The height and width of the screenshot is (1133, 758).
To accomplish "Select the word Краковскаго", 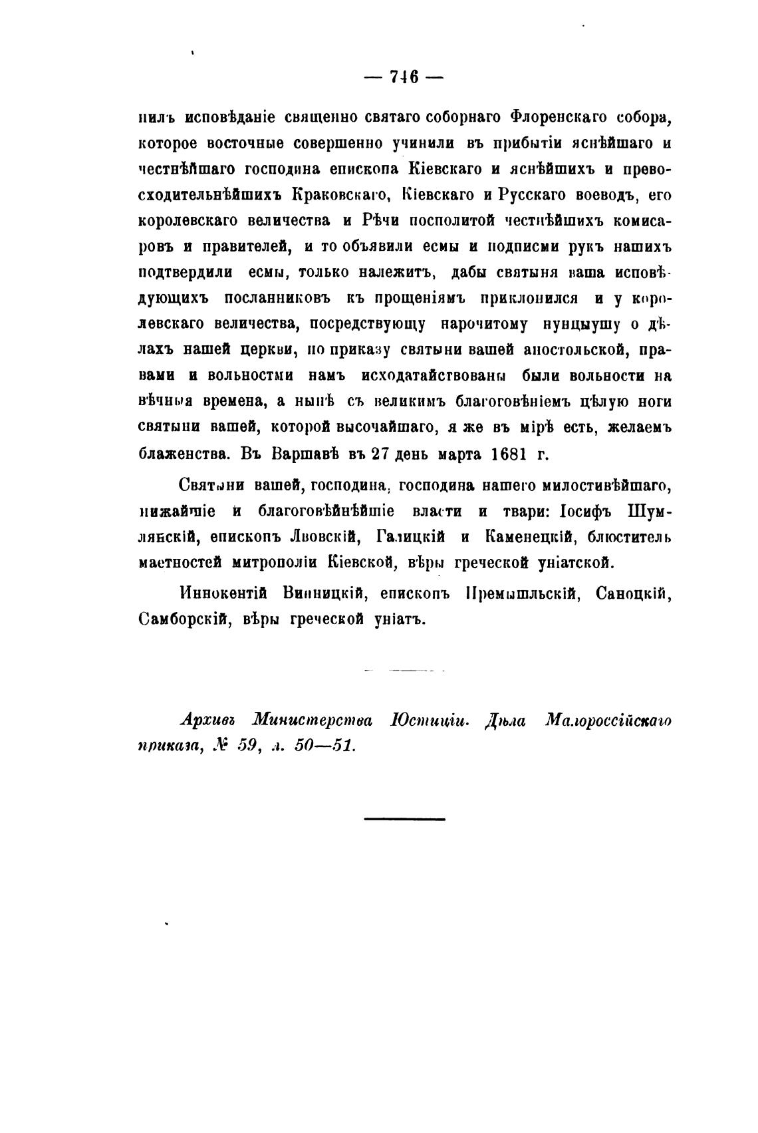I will tap(340, 195).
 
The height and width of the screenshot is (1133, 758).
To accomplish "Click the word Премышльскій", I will tap(508, 593).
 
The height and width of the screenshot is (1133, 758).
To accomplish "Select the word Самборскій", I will tap(182, 619).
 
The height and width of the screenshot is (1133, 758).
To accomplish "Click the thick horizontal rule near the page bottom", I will tap(404, 818).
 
